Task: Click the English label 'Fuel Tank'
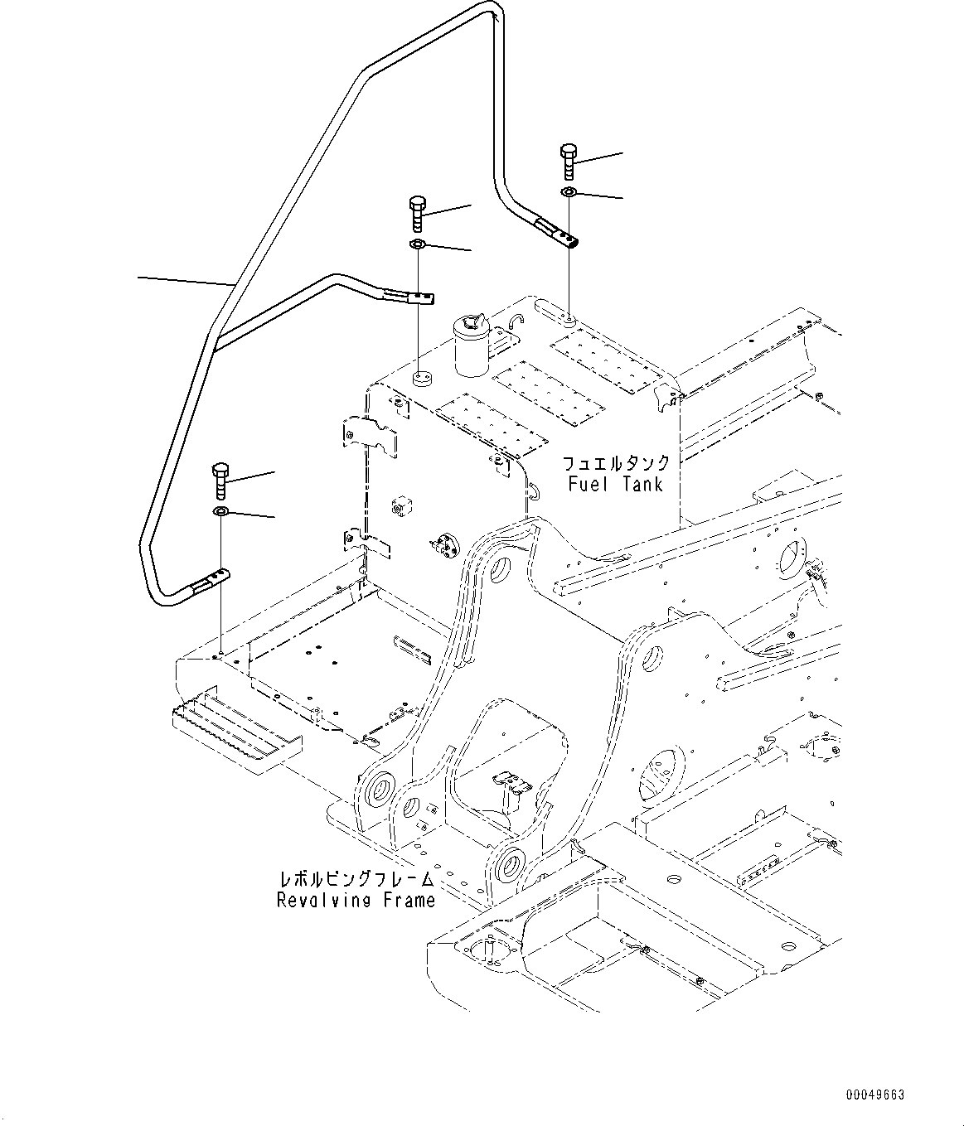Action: [615, 484]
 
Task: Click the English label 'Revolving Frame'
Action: [356, 900]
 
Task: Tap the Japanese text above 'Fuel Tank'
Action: [615, 463]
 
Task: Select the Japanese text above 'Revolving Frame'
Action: [356, 879]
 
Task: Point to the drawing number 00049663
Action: [875, 1095]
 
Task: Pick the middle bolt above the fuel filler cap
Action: [417, 213]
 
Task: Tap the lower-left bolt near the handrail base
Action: [220, 480]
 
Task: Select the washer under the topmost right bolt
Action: [569, 192]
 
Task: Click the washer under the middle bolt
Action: [417, 244]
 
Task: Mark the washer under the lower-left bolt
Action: [220, 511]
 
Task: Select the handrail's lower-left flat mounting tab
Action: [212, 582]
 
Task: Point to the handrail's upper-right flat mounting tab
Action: [558, 234]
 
